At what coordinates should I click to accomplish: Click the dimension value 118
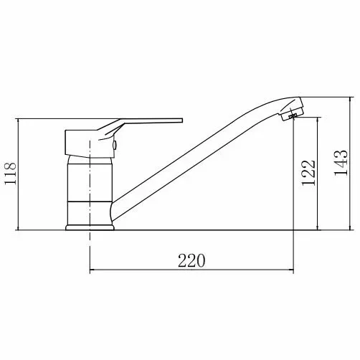pyautogui.click(x=11, y=174)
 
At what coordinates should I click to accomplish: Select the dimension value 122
pyautogui.click(x=308, y=173)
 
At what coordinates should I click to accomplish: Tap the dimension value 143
pyautogui.click(x=341, y=164)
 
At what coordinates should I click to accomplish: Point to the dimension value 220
pyautogui.click(x=191, y=260)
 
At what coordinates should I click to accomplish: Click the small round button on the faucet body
pyautogui.click(x=115, y=145)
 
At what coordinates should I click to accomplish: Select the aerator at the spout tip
pyautogui.click(x=292, y=113)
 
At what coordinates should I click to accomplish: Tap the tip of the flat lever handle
pyautogui.click(x=181, y=120)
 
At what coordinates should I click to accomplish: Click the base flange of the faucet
pyautogui.click(x=90, y=227)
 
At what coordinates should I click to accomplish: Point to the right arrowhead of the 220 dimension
pyautogui.click(x=290, y=270)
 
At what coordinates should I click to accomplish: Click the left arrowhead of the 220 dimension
pyautogui.click(x=93, y=270)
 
